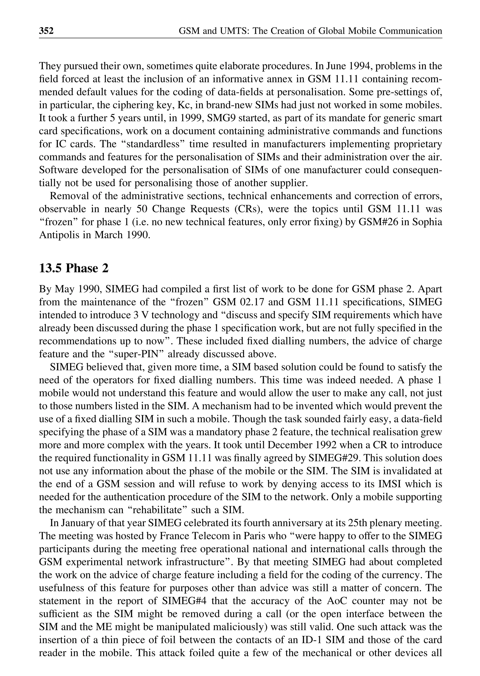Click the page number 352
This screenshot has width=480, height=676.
[46, 31]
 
